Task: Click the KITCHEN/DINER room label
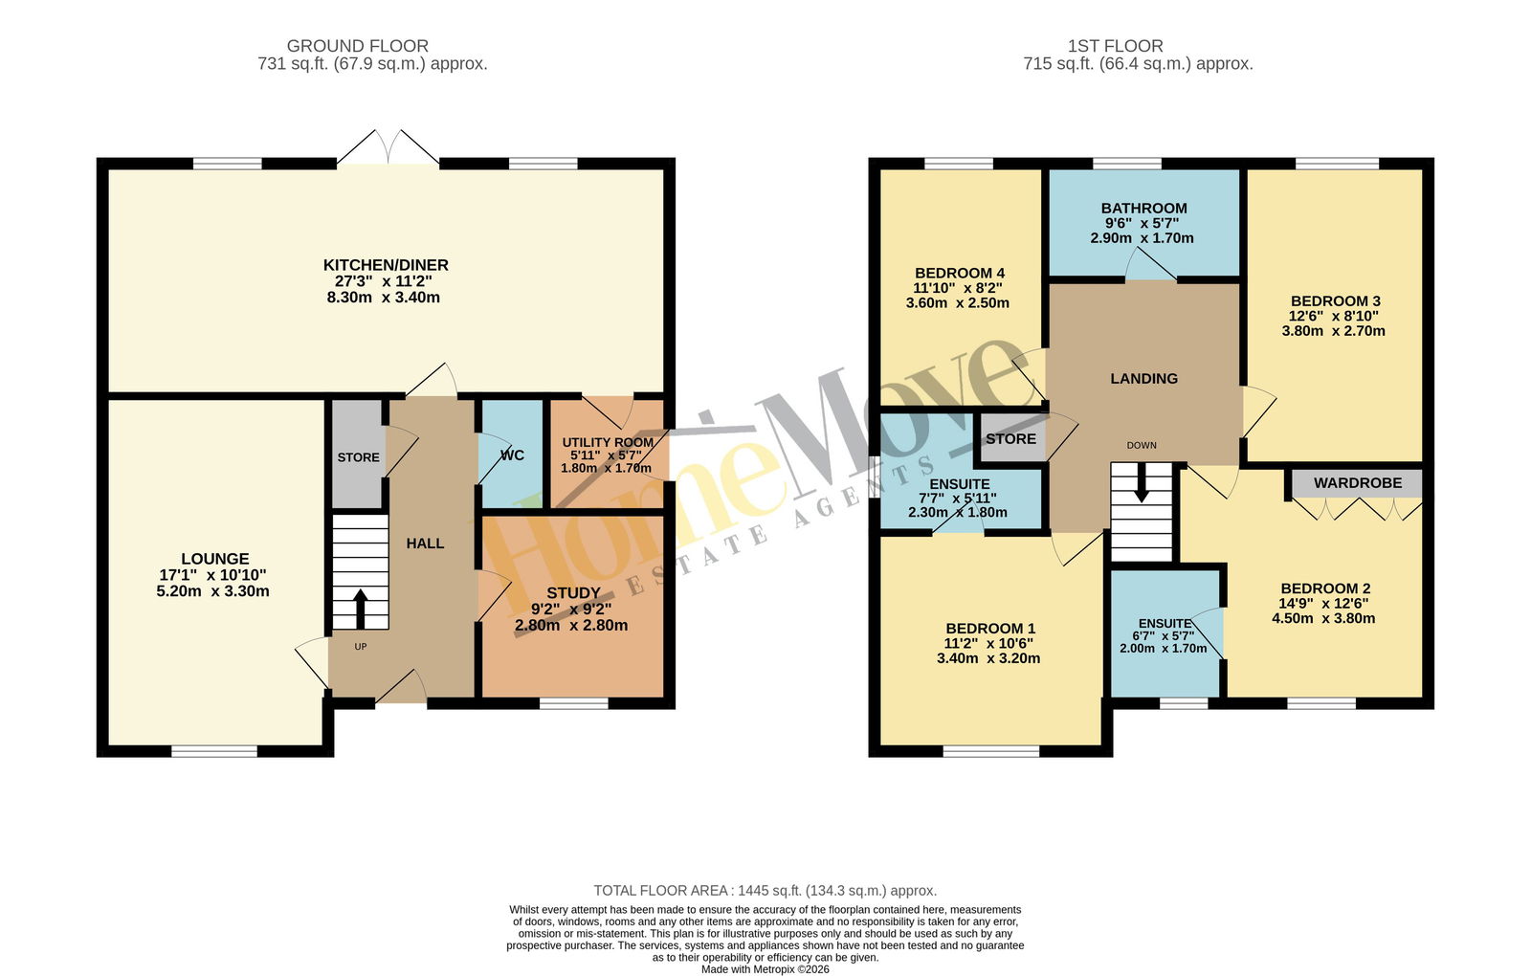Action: tap(386, 265)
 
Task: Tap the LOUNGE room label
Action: tap(214, 559)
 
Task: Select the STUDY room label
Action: tap(573, 593)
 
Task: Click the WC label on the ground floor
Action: tap(512, 455)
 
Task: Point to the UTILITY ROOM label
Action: tap(608, 442)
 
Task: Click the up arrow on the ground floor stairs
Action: tap(360, 609)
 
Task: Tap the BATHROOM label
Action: tap(1143, 209)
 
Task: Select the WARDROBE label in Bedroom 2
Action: tap(1358, 483)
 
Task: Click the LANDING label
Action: tap(1143, 379)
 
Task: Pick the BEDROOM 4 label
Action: tap(960, 274)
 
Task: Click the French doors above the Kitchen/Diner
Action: tap(388, 147)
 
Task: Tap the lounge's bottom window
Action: tap(214, 751)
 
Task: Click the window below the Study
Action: tap(573, 703)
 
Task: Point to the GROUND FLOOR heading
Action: tap(358, 46)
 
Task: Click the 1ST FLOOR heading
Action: tap(1116, 46)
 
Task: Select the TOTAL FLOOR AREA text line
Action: tap(765, 891)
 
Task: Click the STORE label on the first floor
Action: tap(1010, 439)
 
